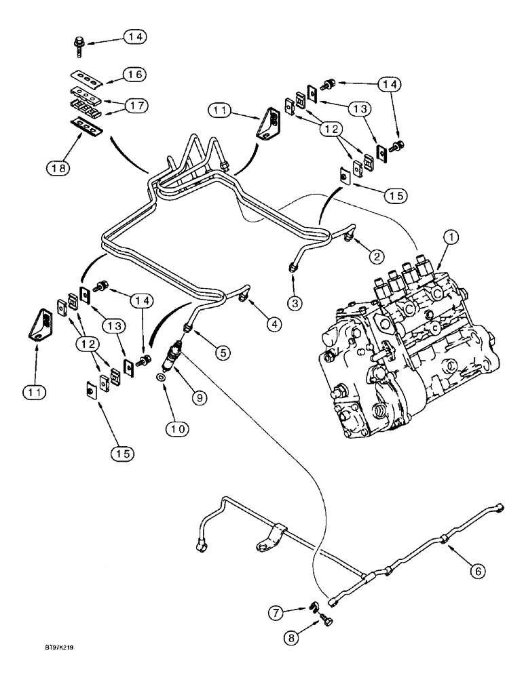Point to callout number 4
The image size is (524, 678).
pyautogui.click(x=274, y=325)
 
